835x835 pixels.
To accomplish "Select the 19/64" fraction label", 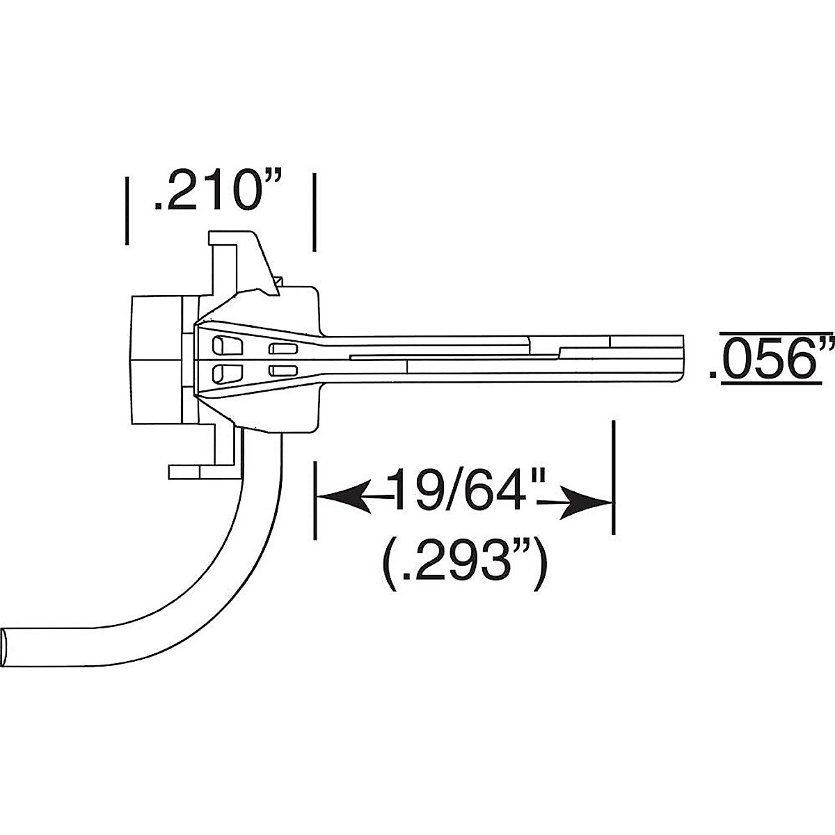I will pos(465,489).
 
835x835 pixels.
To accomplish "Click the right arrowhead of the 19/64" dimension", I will pos(588,502).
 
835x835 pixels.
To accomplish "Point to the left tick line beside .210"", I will pos(126,210).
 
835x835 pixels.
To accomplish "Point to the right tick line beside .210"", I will pos(315,212).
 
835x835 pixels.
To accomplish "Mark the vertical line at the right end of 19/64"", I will pos(613,477).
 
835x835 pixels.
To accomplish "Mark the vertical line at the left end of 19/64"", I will pos(315,500).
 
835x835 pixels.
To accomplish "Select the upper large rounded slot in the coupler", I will pos(226,346).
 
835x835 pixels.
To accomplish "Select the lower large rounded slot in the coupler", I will pos(226,373).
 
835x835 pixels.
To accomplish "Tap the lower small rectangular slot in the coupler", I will pos(283,370).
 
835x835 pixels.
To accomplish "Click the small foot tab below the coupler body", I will pos(185,472).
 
